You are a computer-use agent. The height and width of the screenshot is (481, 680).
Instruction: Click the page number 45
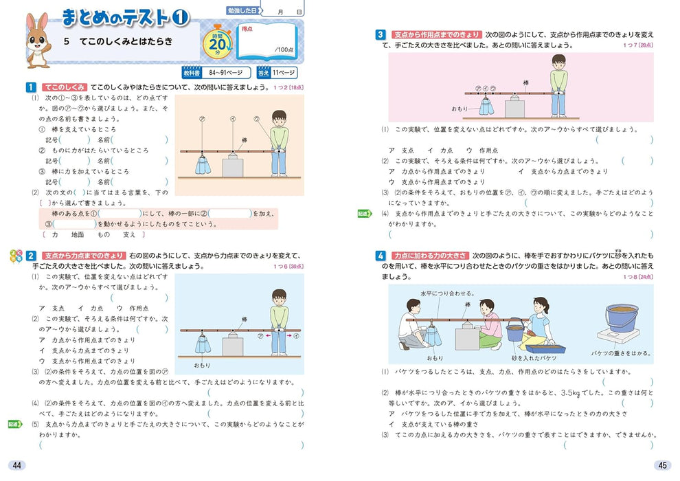(x=662, y=465)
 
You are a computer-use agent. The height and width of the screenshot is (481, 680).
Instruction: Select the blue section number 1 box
(x=30, y=87)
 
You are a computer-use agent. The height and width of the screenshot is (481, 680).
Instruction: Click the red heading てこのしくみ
(x=64, y=87)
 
